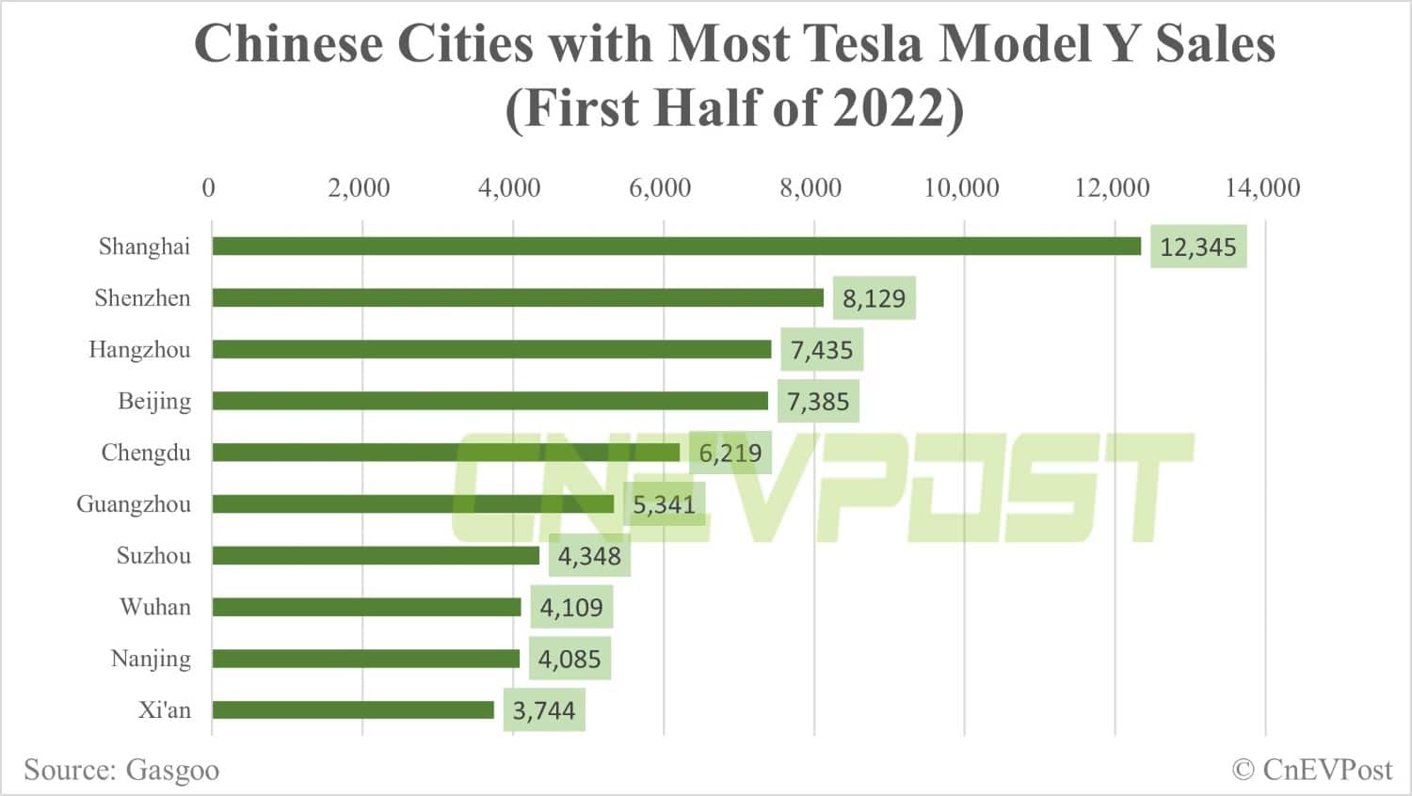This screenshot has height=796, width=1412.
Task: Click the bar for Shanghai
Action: click(x=676, y=247)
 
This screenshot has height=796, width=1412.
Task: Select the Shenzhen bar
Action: click(x=518, y=298)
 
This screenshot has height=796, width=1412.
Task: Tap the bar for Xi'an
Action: click(x=353, y=709)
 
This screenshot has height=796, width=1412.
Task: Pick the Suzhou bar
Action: click(x=376, y=555)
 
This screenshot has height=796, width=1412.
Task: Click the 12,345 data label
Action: click(x=1198, y=247)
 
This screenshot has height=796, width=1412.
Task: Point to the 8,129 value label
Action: click(x=874, y=299)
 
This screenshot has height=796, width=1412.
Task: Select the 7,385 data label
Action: click(x=818, y=402)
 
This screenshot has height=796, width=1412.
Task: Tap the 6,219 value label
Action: click(x=730, y=454)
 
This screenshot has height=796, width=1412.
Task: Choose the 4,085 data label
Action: click(x=570, y=659)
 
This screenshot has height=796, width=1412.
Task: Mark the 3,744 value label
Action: click(x=544, y=710)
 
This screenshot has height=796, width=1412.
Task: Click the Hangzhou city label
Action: click(x=139, y=350)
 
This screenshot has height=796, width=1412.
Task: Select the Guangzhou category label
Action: click(x=134, y=504)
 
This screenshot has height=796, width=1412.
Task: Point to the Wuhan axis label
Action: click(x=155, y=607)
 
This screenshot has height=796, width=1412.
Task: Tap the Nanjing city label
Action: click(x=151, y=659)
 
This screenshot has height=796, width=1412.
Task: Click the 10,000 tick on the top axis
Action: click(x=961, y=187)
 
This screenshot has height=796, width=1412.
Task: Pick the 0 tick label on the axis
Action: click(x=208, y=187)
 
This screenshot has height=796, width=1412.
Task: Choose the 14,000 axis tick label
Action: click(x=1262, y=187)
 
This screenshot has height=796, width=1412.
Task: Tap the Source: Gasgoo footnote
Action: click(x=121, y=770)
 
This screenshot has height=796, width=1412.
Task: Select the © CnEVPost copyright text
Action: click(x=1312, y=770)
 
